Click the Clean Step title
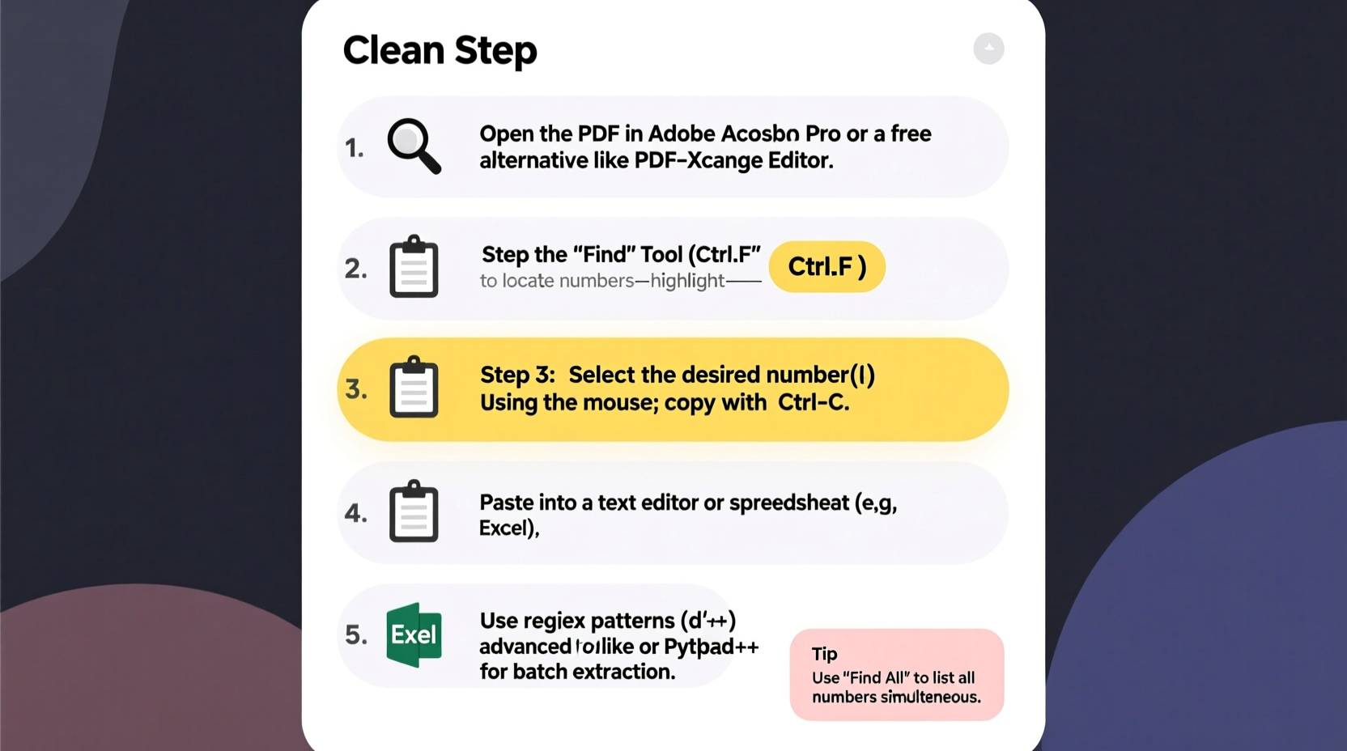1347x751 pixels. [x=440, y=50]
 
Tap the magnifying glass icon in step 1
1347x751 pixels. [x=414, y=146]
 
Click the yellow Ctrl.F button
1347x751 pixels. [x=826, y=266]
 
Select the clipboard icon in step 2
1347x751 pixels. [x=414, y=267]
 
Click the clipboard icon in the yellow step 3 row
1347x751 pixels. [x=414, y=388]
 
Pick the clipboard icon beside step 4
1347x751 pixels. [x=414, y=511]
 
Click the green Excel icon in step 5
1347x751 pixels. [x=414, y=634]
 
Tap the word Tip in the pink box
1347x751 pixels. [x=824, y=654]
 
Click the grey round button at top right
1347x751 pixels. [x=988, y=49]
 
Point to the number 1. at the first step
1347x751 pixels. [x=354, y=148]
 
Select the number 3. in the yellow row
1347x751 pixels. [x=356, y=389]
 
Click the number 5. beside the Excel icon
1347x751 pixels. [x=356, y=635]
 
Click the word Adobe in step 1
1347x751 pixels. [x=682, y=134]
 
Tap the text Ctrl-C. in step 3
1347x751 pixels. [x=814, y=402]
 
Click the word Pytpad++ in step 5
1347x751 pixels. [x=711, y=647]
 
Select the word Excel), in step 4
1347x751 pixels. [x=509, y=528]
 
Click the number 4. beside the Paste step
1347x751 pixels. [x=355, y=513]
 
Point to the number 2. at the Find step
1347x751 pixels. [x=355, y=269]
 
